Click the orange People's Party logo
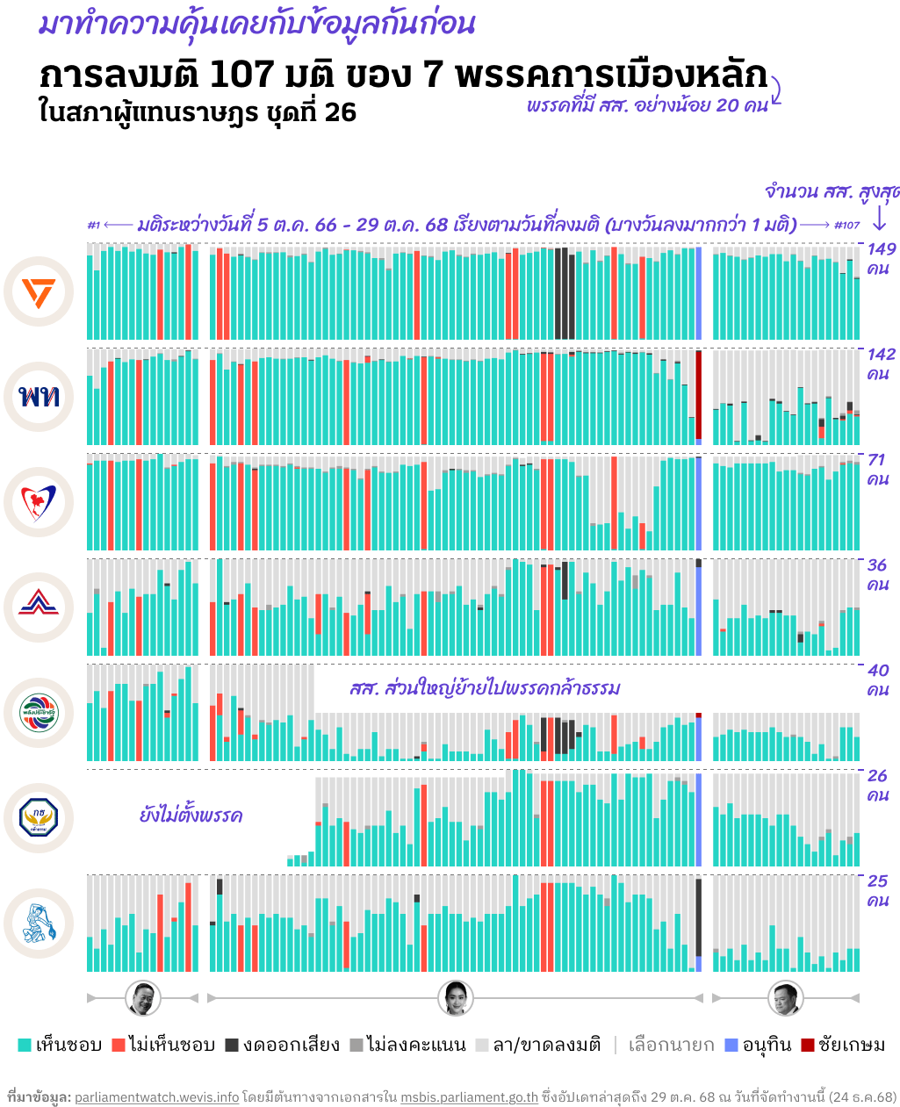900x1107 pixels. [x=39, y=291]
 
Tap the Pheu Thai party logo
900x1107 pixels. [x=39, y=397]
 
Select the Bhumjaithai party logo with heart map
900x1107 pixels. [x=39, y=502]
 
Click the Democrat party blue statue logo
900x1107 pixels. [x=39, y=924]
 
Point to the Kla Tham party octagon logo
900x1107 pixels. [x=39, y=818]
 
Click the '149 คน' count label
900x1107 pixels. [x=881, y=258]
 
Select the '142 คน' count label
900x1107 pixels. [x=881, y=363]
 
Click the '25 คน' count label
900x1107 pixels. [x=878, y=890]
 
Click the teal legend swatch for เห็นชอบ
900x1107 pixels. [x=25, y=1045]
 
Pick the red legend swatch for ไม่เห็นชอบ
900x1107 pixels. [x=119, y=1045]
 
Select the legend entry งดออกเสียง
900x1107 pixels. [x=282, y=1045]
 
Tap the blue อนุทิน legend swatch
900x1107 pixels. [x=731, y=1045]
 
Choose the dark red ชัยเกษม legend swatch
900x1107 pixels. [x=808, y=1045]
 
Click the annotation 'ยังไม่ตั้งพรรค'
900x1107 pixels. [x=191, y=816]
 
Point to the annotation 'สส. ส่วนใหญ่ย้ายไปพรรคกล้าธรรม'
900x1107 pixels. [x=484, y=688]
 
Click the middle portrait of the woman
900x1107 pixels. [x=455, y=998]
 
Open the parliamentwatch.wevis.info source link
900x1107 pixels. [x=156, y=1097]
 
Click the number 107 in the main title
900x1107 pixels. [x=242, y=76]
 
